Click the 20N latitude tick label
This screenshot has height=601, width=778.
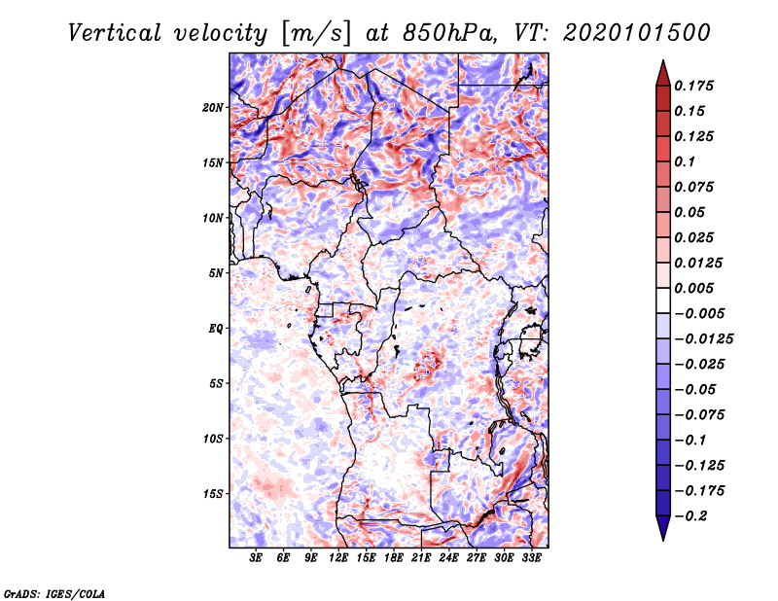pyautogui.click(x=213, y=107)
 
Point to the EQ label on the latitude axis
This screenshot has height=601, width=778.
pyautogui.click(x=216, y=329)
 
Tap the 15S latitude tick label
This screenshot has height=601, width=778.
pyautogui.click(x=213, y=494)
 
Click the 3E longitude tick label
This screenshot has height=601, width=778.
pyautogui.click(x=257, y=559)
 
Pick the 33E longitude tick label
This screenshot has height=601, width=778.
pyautogui.click(x=531, y=559)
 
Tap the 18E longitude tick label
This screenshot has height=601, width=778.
pyautogui.click(x=394, y=559)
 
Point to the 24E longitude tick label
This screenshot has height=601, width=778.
pyautogui.click(x=448, y=559)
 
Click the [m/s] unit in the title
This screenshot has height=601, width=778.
pyautogui.click(x=315, y=33)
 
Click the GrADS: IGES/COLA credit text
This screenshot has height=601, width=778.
pyautogui.click(x=53, y=592)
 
